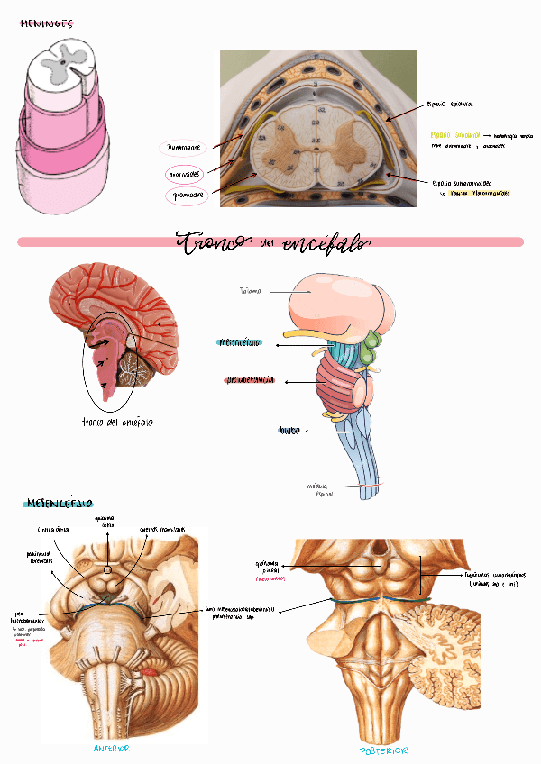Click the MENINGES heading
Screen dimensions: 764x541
(46, 24)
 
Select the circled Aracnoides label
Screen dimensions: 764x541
(186, 172)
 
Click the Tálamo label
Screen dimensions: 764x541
(251, 291)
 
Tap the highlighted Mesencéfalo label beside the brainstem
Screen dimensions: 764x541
(242, 343)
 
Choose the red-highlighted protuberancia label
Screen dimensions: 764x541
(251, 381)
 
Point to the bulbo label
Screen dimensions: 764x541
(289, 431)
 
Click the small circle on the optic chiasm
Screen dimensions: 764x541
(108, 568)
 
